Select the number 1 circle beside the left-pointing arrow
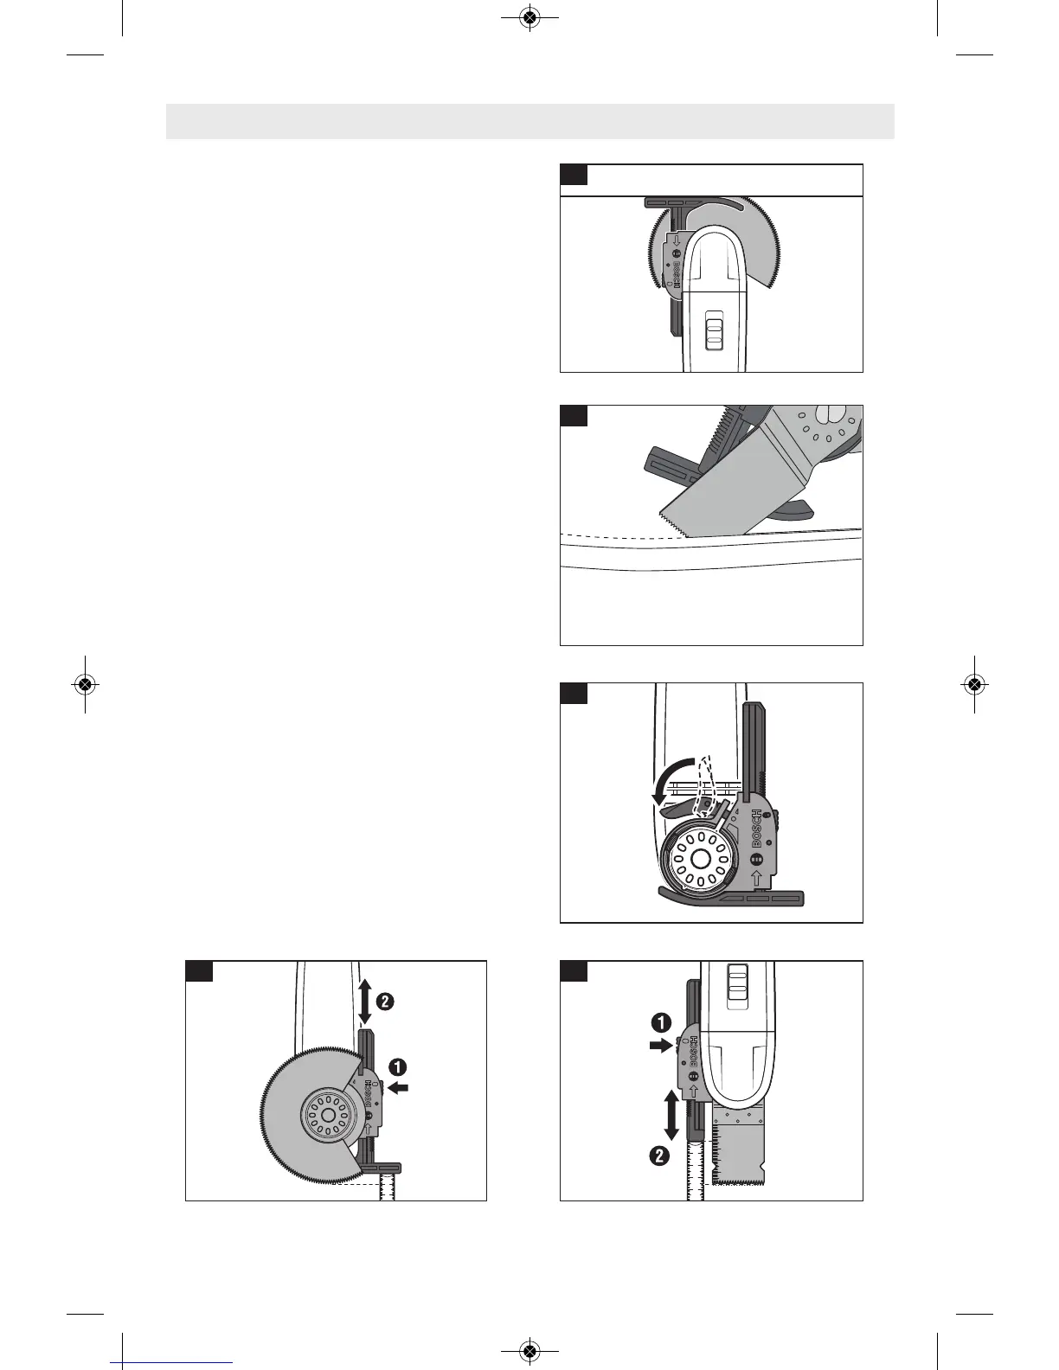(x=399, y=1066)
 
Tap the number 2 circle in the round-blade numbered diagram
(x=384, y=1002)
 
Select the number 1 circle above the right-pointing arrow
(x=659, y=1023)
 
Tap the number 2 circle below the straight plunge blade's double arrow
(x=660, y=1156)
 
